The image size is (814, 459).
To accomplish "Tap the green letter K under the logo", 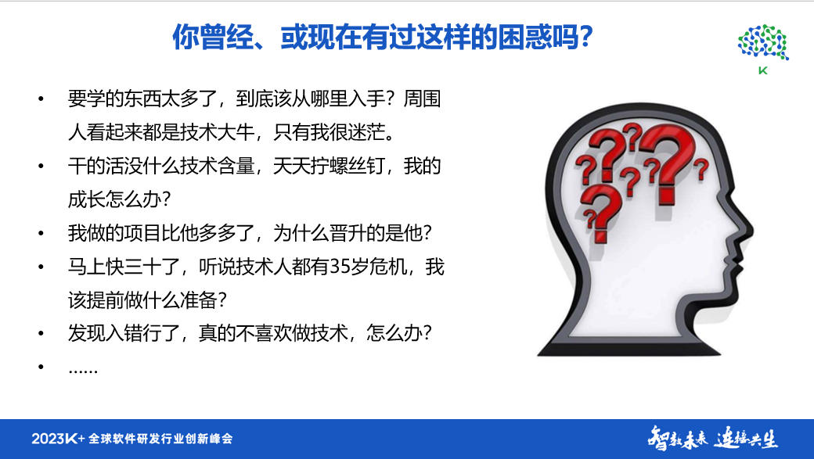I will click(763, 71).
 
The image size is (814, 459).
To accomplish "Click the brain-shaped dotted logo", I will click(763, 42).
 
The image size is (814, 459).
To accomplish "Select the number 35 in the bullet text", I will click(340, 267).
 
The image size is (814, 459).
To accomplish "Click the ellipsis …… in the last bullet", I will click(83, 367).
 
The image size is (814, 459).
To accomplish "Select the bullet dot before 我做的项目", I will click(41, 234).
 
